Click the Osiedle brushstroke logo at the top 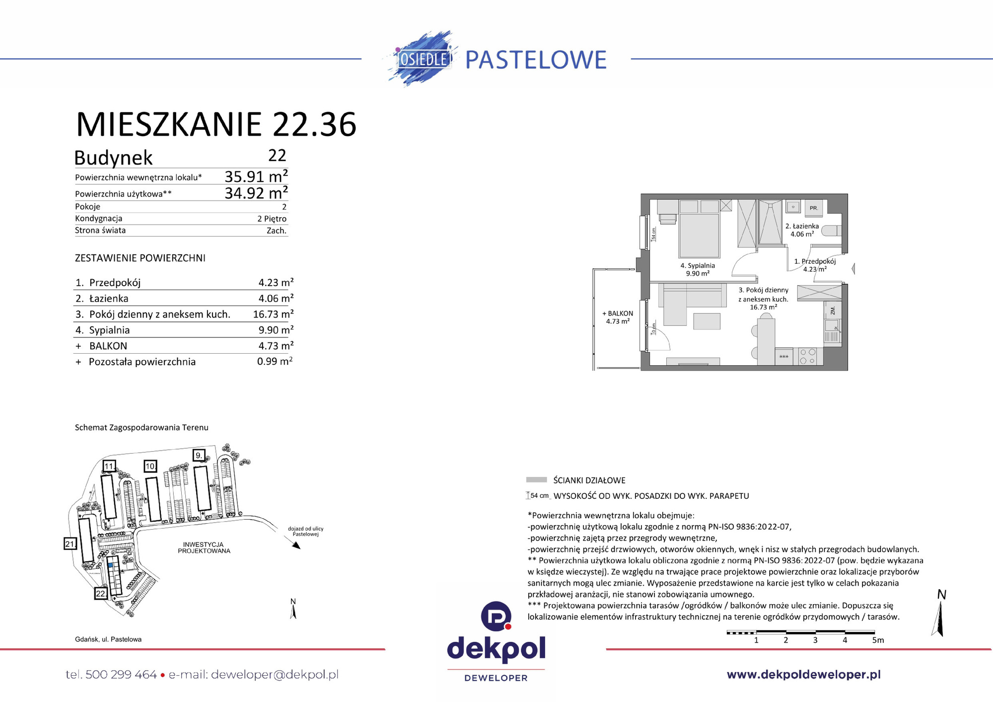point(423,59)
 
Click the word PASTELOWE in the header point(535,60)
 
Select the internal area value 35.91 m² point(256,176)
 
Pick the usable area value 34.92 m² point(256,193)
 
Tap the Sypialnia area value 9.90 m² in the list point(276,330)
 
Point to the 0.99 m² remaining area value point(275,362)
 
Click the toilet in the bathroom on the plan point(832,231)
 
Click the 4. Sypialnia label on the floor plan point(698,266)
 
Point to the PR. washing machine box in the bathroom point(813,208)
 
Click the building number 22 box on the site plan point(101,593)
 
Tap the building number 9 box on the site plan point(199,455)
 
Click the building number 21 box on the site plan point(70,544)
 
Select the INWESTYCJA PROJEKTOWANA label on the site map point(204,547)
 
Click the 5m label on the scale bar point(878,640)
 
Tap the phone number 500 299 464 point(121,675)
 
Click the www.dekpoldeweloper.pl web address point(803,675)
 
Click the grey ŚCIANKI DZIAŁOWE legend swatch point(536,480)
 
